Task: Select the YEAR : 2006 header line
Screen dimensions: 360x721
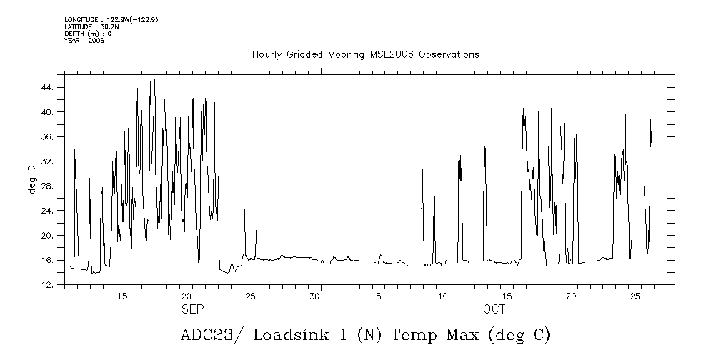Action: point(84,41)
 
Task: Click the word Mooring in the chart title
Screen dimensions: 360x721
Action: point(342,55)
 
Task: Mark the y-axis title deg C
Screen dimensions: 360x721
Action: point(32,179)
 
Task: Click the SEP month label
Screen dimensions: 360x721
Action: point(192,309)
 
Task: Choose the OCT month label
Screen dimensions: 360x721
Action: point(494,309)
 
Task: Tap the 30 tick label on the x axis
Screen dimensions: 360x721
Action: point(314,296)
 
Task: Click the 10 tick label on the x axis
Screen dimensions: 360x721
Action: point(443,296)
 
